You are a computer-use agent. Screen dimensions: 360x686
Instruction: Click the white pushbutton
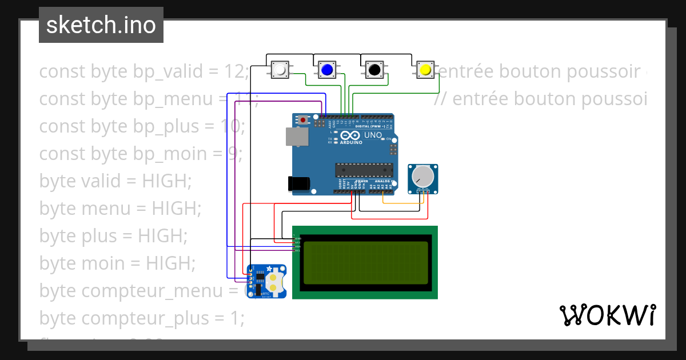tap(280, 70)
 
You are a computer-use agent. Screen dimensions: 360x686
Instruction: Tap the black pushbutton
tap(374, 70)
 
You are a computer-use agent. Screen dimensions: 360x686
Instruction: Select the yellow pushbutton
tap(425, 70)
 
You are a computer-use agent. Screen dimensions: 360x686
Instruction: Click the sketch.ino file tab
tap(101, 25)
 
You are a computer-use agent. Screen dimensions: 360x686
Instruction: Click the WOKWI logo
tap(607, 315)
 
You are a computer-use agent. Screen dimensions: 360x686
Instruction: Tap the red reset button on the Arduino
tap(303, 121)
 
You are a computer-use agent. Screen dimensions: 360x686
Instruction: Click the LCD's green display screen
tap(365, 262)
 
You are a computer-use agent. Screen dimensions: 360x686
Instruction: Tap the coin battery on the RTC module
tap(275, 282)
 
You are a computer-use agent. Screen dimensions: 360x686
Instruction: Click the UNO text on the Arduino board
tap(373, 135)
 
